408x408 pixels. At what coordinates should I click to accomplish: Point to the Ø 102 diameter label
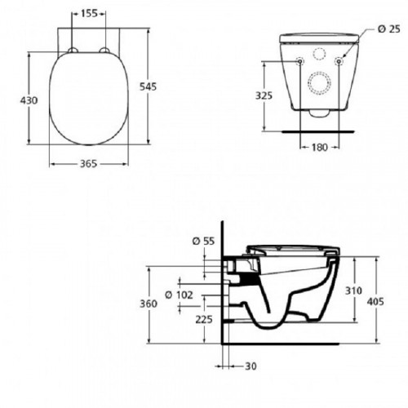tap(178, 295)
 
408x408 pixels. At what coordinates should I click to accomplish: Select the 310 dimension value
tap(355, 290)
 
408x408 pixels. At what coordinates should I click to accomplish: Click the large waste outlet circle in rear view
tap(318, 85)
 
